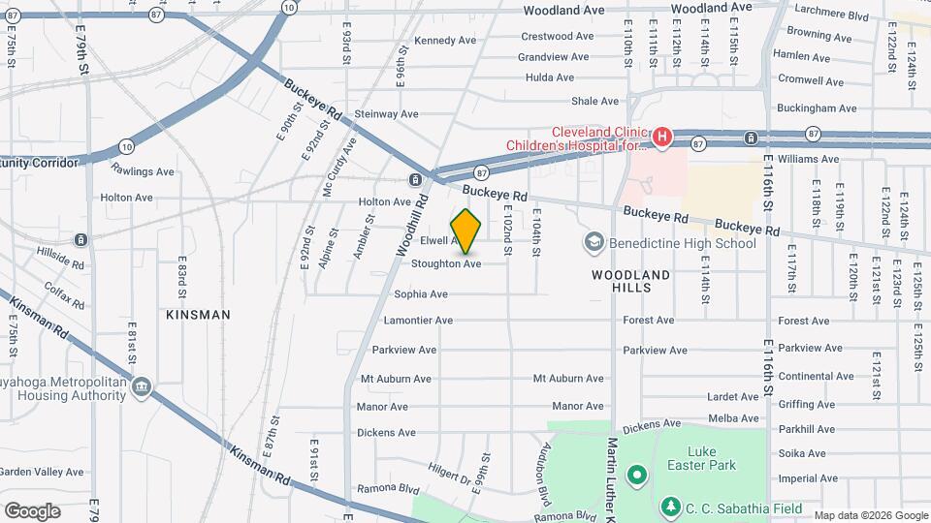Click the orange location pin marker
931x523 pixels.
pyautogui.click(x=465, y=231)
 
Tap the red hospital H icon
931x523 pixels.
pyautogui.click(x=661, y=138)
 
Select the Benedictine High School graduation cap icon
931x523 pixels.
pyautogui.click(x=594, y=241)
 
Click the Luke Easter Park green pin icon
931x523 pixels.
pyautogui.click(x=637, y=475)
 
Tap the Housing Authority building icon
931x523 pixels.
pyautogui.click(x=143, y=388)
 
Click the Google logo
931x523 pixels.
pyautogui.click(x=32, y=510)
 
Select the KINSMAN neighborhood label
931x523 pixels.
pyautogui.click(x=198, y=315)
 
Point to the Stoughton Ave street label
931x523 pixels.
pyautogui.click(x=446, y=263)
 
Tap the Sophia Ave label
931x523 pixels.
pyautogui.click(x=421, y=293)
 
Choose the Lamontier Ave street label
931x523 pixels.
pyautogui.click(x=418, y=321)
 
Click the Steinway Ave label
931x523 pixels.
pyautogui.click(x=386, y=114)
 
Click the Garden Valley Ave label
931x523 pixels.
pyautogui.click(x=42, y=472)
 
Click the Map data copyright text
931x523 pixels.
pyautogui.click(x=870, y=515)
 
